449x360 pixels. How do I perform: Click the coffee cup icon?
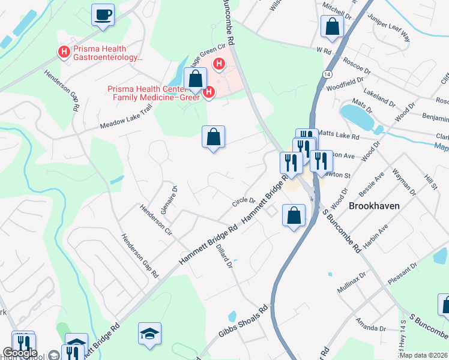103,14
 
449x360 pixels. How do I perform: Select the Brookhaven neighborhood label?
375,205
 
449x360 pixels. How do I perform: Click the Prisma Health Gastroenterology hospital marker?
63,53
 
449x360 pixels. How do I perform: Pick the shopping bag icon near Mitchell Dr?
331,27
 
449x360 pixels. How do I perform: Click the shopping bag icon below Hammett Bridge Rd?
294,215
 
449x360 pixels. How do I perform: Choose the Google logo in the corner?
20,353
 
